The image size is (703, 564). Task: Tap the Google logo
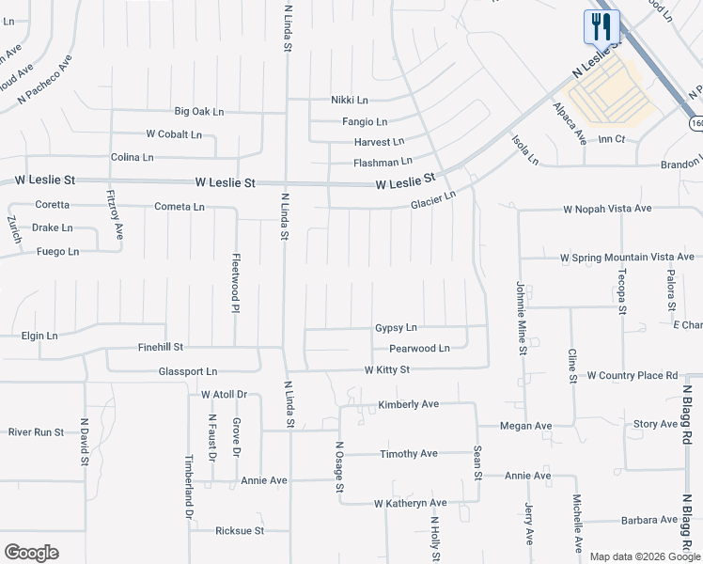(31, 553)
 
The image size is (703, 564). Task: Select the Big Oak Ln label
(199, 111)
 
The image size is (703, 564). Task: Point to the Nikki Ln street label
(349, 100)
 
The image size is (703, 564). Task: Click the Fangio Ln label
(365, 121)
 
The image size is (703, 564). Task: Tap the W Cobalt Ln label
(174, 134)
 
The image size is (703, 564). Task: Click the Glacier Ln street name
(432, 200)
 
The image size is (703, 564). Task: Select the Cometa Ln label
(179, 207)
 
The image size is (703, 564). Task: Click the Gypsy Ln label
(396, 328)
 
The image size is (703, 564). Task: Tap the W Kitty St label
(387, 370)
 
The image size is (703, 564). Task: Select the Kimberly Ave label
(409, 405)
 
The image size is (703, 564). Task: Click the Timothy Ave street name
(409, 454)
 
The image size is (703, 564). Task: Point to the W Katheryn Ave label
(410, 504)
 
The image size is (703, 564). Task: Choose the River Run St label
(36, 432)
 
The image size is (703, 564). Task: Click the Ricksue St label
(240, 531)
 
